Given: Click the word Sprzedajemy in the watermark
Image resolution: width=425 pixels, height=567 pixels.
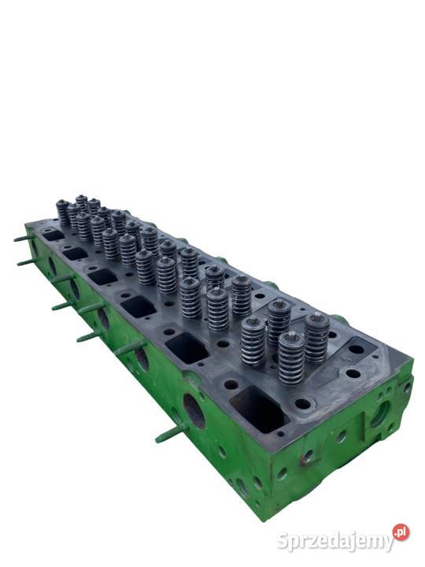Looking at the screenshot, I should point(334,541).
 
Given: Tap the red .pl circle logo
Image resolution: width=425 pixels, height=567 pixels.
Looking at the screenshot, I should point(401,532).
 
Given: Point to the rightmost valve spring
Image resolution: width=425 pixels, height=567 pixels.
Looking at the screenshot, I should point(316,337).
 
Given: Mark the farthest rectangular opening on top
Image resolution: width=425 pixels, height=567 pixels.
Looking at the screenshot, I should point(53,235).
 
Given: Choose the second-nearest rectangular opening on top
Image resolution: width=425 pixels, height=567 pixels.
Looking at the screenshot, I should point(187,347).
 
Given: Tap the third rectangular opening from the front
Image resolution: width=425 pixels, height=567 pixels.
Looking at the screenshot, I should point(138,306).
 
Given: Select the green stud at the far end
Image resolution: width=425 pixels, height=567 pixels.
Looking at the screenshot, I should point(24,237).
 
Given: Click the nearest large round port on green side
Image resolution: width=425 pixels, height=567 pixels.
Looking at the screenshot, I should point(193,410).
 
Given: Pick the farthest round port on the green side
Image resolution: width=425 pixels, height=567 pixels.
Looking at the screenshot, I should point(52,268).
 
